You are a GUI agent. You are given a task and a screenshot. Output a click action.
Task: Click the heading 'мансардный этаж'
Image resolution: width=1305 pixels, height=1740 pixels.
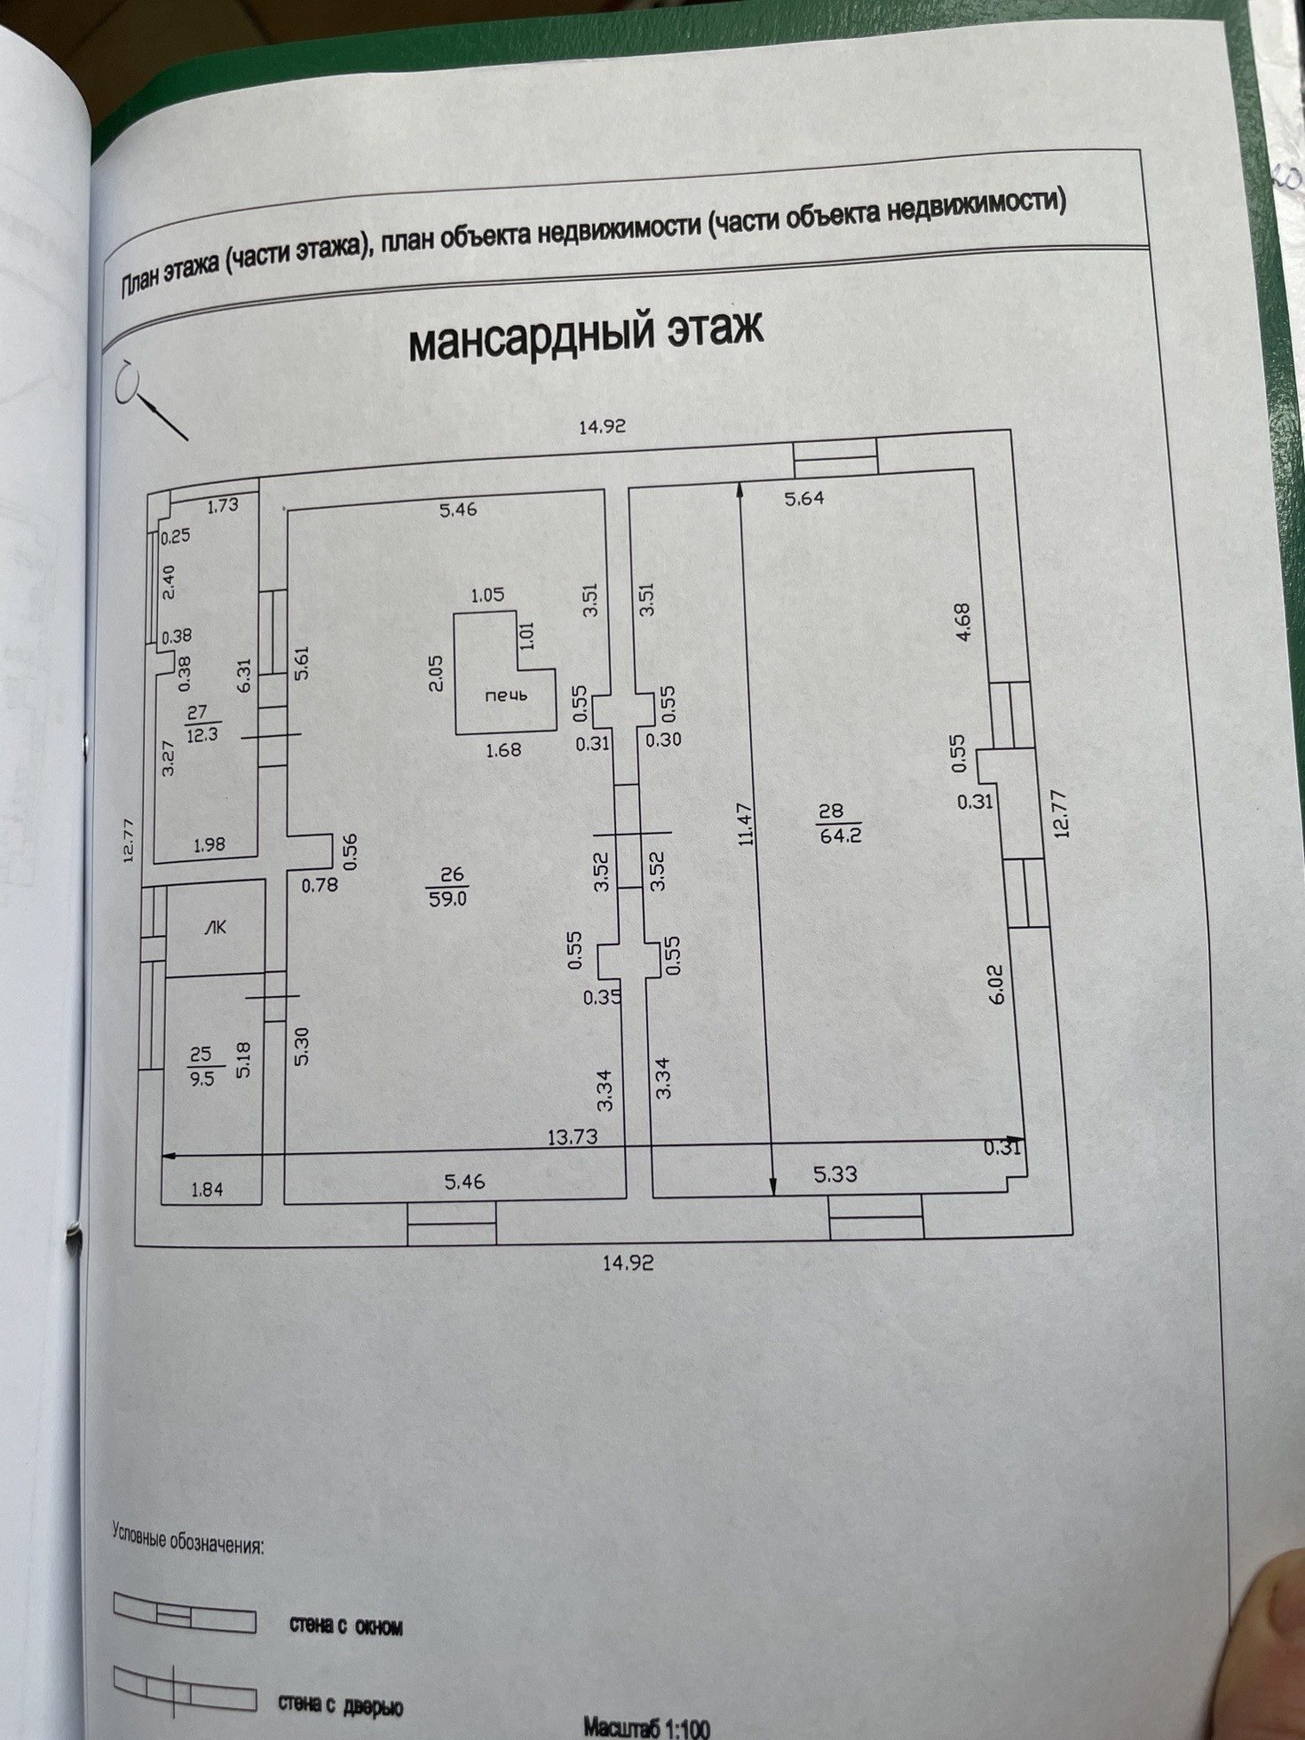[x=585, y=335]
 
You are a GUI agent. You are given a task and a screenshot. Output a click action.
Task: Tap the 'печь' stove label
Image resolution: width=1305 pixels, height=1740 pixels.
[x=505, y=695]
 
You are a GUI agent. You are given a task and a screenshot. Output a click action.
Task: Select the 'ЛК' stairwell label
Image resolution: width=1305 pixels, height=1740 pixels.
[x=215, y=928]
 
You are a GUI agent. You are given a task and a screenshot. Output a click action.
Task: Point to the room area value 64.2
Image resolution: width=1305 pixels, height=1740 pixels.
[x=841, y=834]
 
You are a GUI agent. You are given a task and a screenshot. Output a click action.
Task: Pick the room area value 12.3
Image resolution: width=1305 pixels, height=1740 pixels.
[x=202, y=734]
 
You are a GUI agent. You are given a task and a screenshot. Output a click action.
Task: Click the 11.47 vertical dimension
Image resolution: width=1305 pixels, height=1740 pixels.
[x=746, y=823]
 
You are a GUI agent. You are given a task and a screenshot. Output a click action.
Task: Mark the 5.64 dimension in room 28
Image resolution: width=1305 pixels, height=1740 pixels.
[x=804, y=498]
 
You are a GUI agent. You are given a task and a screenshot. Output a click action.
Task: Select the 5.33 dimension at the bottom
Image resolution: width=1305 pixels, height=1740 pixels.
[x=835, y=1174]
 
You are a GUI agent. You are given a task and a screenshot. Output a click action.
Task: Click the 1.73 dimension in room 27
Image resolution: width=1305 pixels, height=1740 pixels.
[x=223, y=505]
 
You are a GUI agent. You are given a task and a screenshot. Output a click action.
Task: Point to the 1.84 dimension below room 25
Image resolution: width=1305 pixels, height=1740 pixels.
[x=207, y=1190]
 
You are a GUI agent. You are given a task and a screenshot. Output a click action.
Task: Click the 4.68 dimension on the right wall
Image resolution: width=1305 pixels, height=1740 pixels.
[x=965, y=622]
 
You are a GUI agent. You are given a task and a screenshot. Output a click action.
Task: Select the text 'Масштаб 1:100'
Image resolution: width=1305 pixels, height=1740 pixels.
[x=646, y=1727]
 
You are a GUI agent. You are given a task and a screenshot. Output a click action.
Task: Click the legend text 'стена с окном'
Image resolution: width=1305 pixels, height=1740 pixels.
[x=346, y=1626]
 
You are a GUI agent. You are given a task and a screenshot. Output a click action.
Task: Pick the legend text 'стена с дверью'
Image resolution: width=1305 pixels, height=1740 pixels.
[x=341, y=1704]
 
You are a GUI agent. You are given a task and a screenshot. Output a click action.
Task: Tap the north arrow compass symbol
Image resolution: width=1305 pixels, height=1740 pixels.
[x=146, y=399]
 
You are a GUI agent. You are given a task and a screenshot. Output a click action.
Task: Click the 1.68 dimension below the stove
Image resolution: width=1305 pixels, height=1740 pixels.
[x=503, y=750]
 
